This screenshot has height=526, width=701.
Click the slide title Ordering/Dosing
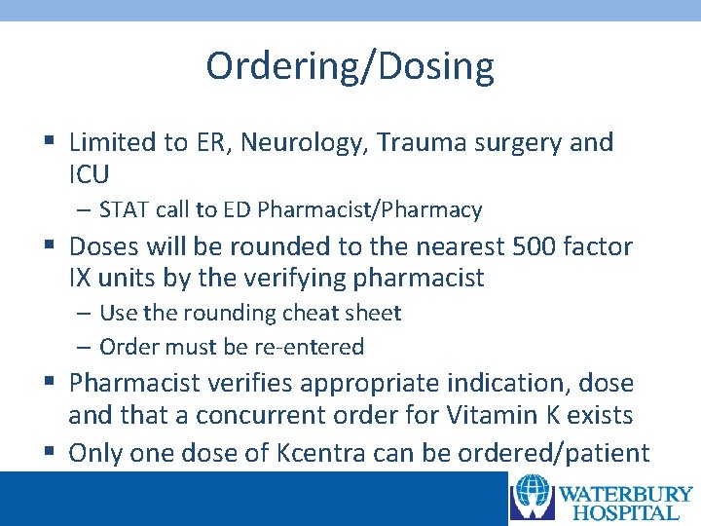pyautogui.click(x=350, y=66)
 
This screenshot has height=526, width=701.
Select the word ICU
pyautogui.click(x=90, y=175)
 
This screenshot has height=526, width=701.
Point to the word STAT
pyautogui.click(x=124, y=209)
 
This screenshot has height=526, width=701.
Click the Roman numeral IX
pyautogui.click(x=80, y=279)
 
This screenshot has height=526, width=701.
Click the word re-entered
pyautogui.click(x=314, y=347)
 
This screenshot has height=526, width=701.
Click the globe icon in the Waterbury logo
pyautogui.click(x=533, y=497)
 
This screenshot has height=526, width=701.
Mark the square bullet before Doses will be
pyautogui.click(x=49, y=247)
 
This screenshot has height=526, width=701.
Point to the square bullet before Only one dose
pyautogui.click(x=49, y=453)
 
